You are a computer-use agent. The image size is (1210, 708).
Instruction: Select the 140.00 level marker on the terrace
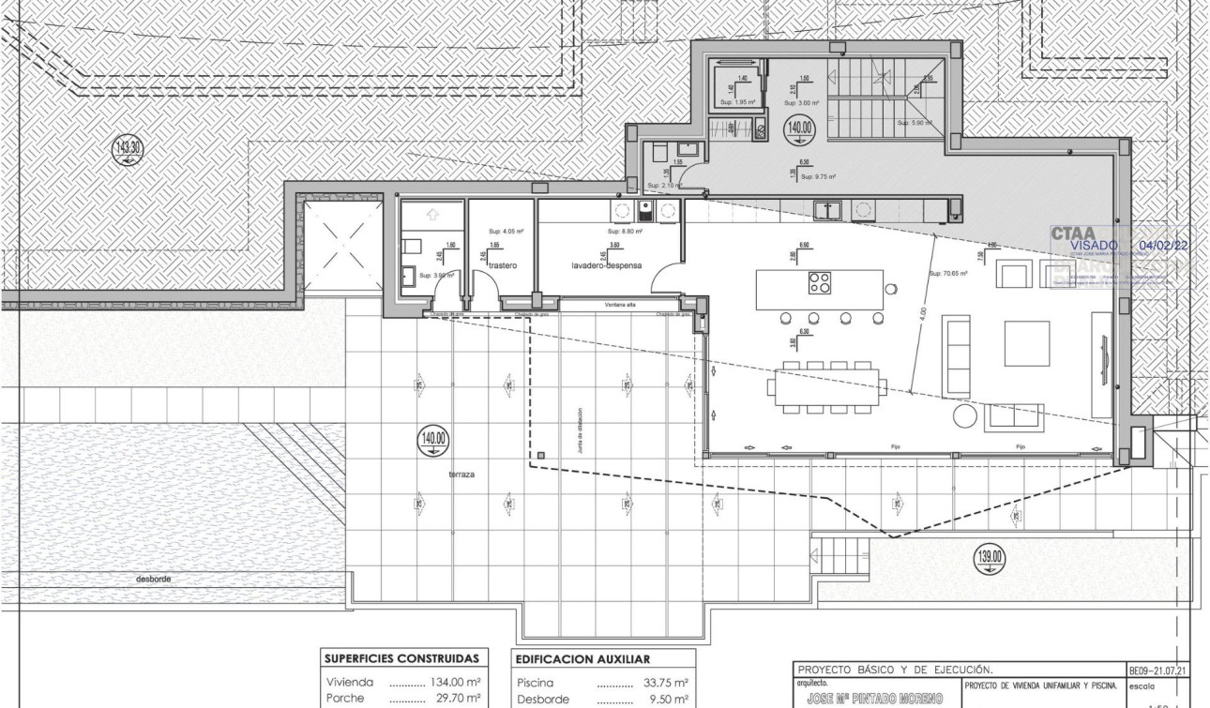434,440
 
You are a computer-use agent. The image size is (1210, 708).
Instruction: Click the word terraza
461,475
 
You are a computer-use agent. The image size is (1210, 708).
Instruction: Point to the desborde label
154,579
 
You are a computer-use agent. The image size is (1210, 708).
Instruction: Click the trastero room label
502,265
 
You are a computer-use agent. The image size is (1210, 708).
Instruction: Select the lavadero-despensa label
607,265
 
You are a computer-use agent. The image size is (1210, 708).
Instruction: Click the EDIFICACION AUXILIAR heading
583,658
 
